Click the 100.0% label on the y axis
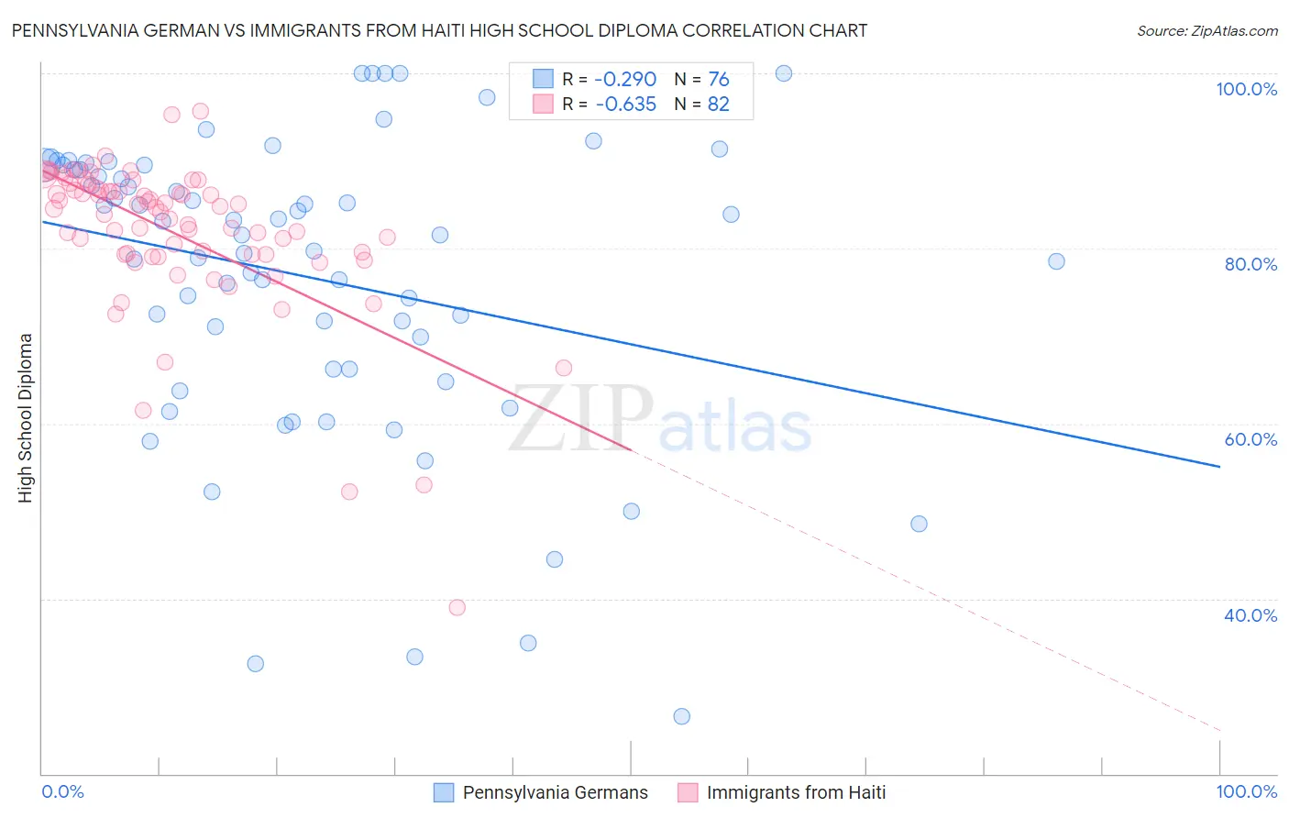tap(1246, 89)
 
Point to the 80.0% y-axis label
tap(1250, 264)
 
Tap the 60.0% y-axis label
tap(1250, 439)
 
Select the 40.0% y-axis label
tap(1250, 615)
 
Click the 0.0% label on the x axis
tap(62, 791)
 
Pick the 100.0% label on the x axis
tap(1246, 791)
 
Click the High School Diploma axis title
tap(26, 417)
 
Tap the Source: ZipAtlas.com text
tap(1206, 30)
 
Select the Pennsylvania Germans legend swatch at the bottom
tap(444, 792)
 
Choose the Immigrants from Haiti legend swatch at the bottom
tap(688, 792)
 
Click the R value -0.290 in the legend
tap(625, 79)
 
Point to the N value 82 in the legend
tap(718, 105)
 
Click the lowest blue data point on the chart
tap(681, 716)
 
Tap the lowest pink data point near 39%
tap(457, 607)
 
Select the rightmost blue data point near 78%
tap(1056, 261)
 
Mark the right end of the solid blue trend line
tap(1219, 467)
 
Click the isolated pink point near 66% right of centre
tap(563, 368)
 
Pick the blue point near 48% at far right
tap(919, 524)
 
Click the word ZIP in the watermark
tap(580, 420)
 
